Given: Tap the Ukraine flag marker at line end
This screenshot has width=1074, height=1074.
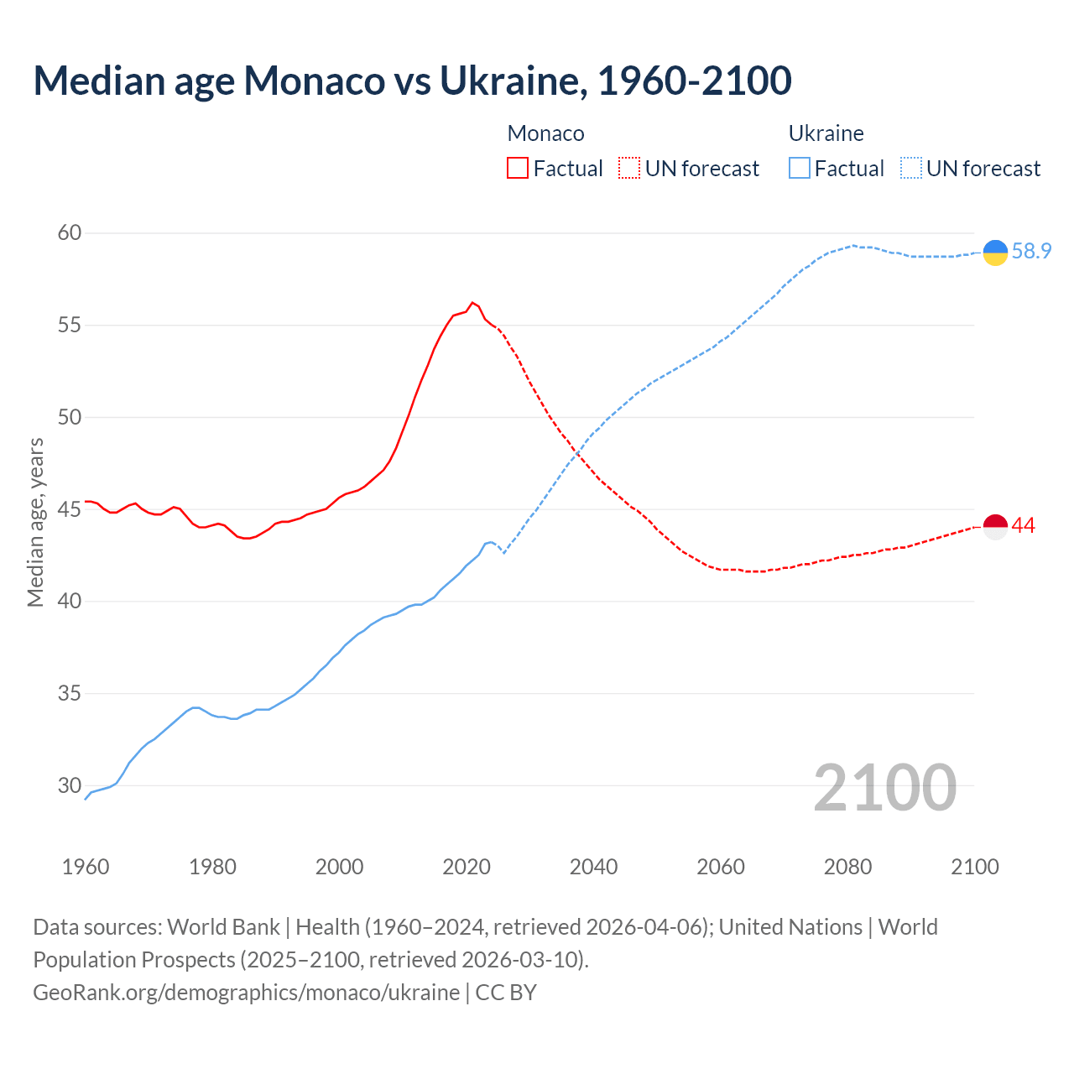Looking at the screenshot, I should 995,252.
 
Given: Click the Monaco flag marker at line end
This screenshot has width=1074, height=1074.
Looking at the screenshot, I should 995,526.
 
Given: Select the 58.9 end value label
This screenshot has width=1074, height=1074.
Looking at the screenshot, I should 1031,251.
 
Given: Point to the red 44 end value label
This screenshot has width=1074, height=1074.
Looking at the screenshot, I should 1024,526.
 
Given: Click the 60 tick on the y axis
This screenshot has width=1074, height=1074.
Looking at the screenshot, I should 70,233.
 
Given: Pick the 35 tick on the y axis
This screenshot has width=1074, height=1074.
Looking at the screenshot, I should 70,694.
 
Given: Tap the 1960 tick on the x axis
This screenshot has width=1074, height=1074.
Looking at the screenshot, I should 86,867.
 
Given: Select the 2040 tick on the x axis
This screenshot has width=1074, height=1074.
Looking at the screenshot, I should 593,867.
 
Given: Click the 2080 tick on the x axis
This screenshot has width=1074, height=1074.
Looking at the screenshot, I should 847,867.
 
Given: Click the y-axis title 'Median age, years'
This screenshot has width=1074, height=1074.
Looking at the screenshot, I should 35,522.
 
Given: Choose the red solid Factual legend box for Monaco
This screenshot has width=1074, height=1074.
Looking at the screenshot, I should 518,169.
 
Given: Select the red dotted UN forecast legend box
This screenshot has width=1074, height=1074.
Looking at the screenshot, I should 629,169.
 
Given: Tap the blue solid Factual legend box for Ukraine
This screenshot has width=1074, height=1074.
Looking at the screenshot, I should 800,169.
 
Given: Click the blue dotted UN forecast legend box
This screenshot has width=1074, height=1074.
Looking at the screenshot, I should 911,169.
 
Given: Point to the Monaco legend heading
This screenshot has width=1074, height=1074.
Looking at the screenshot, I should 545,133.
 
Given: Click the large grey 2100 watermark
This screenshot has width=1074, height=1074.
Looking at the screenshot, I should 884,788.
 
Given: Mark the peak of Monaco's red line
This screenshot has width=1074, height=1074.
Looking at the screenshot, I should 472,302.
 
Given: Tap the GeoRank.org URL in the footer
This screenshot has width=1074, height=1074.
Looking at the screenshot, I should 246,993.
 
